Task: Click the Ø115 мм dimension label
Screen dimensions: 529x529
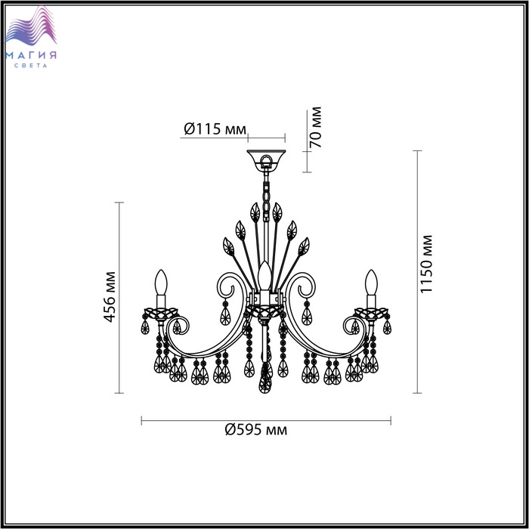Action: [x=215, y=129]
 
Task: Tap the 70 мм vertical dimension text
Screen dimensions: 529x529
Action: [x=316, y=127]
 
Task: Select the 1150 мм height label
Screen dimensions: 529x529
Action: [x=426, y=264]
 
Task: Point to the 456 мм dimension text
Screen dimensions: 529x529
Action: [x=110, y=297]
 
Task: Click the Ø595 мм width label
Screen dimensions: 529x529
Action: [x=256, y=430]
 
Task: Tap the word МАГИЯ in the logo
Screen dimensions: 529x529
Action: [x=31, y=55]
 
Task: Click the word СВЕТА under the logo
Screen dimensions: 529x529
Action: [x=31, y=66]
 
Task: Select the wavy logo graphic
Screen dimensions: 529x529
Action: [x=31, y=26]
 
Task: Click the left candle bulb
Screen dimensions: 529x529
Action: [x=161, y=283]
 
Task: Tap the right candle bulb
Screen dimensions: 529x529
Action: [x=371, y=283]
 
